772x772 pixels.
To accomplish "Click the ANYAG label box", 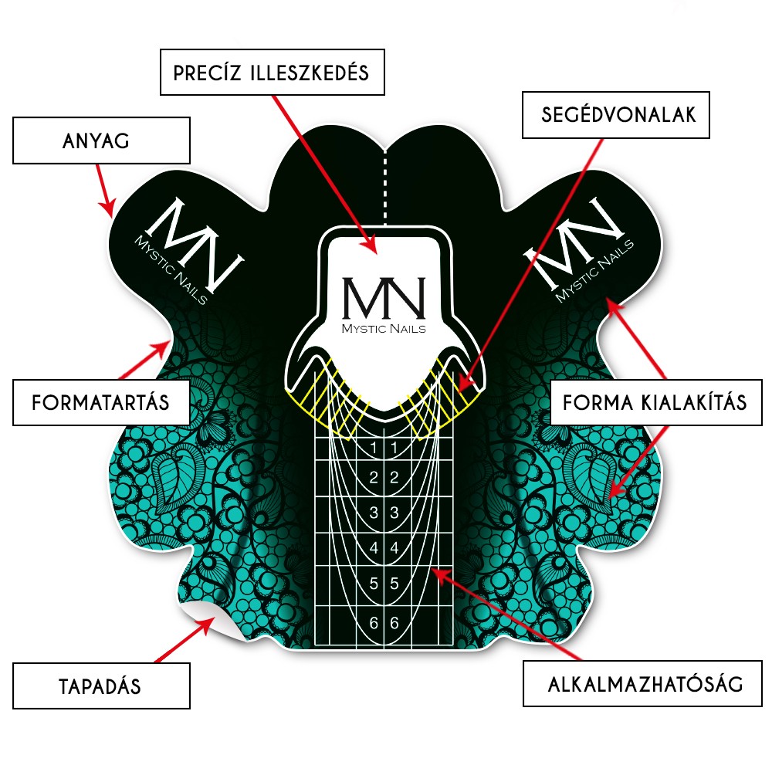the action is [x=101, y=141].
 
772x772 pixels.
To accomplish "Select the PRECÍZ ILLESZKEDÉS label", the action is [x=273, y=73].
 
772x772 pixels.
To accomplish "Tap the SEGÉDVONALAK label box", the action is [x=616, y=115].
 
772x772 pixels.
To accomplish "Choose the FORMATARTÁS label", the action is [x=101, y=402].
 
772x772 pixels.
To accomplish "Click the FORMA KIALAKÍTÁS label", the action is [x=655, y=402].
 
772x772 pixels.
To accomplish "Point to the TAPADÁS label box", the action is [x=101, y=686].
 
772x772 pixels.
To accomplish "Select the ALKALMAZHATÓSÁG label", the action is [x=642, y=684].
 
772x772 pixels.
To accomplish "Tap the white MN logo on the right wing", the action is [x=578, y=249].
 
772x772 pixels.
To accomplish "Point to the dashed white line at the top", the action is [x=385, y=187].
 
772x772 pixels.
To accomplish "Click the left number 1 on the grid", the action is [x=374, y=448].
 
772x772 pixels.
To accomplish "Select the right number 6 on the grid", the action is [x=394, y=623].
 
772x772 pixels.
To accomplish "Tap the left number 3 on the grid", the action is [x=374, y=513].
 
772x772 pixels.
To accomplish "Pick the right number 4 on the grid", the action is [x=394, y=547].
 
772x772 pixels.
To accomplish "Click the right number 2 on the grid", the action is [x=394, y=478].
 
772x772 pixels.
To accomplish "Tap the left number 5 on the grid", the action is [x=374, y=584].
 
